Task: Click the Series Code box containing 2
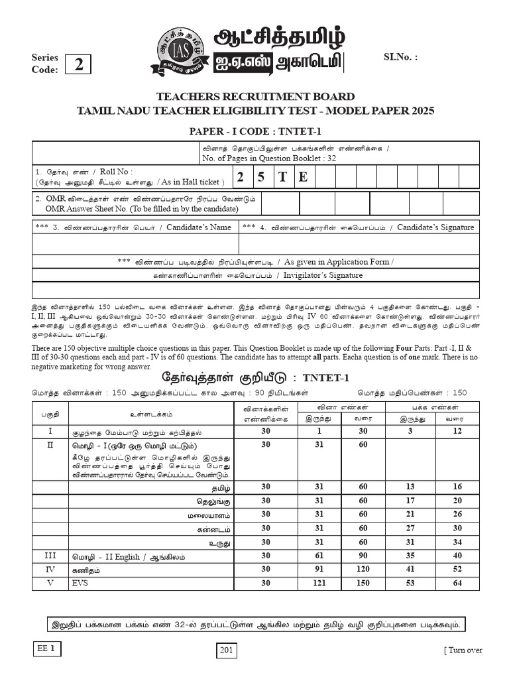79,64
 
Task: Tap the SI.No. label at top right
401,57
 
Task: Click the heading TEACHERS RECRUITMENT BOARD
255,97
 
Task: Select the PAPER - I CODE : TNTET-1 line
255,131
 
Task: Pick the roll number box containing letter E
304,177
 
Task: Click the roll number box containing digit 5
262,177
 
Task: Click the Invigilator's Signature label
323,275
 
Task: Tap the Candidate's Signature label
435,227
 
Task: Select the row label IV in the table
50,569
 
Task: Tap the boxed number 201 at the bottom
227,651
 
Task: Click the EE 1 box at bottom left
47,648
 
